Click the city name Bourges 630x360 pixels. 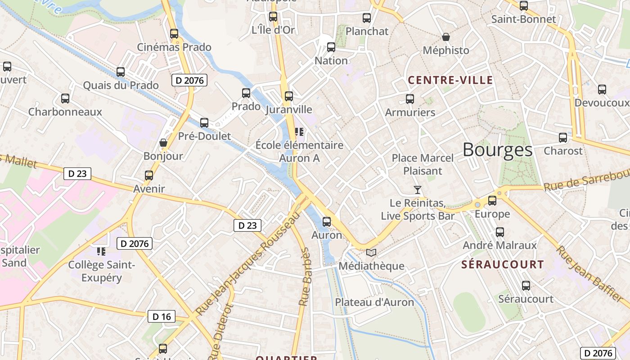tap(497, 150)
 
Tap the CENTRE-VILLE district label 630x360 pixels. tap(450, 81)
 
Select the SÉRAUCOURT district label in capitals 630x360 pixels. tap(502, 265)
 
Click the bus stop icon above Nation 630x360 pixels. tap(331, 47)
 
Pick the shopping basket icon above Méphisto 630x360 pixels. tap(445, 37)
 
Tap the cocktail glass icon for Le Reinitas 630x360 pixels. tap(418, 190)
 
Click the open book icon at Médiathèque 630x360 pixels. tap(371, 253)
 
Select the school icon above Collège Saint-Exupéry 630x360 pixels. tap(101, 251)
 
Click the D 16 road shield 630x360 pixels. tap(162, 316)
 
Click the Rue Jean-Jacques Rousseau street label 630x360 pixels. tap(248, 264)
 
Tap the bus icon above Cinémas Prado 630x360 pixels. tap(174, 34)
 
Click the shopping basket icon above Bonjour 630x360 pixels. tap(163, 143)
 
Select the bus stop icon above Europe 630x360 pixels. tap(492, 201)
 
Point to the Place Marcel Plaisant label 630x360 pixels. tap(423, 164)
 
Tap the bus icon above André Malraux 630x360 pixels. tap(499, 232)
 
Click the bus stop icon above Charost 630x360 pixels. tap(563, 138)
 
